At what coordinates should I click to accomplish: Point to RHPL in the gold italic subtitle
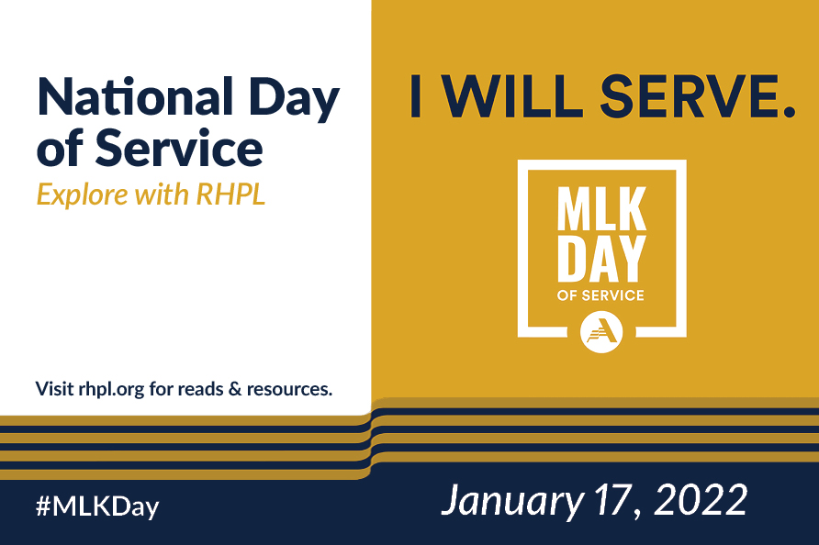[x=231, y=194]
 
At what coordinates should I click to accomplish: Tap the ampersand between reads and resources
[x=233, y=388]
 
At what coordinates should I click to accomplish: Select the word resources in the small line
[x=287, y=389]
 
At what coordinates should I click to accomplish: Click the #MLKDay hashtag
[x=97, y=506]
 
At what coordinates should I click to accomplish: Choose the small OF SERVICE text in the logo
[x=602, y=295]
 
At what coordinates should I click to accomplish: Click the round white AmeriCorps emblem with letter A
[x=602, y=330]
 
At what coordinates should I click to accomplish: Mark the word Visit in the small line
[x=54, y=388]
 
